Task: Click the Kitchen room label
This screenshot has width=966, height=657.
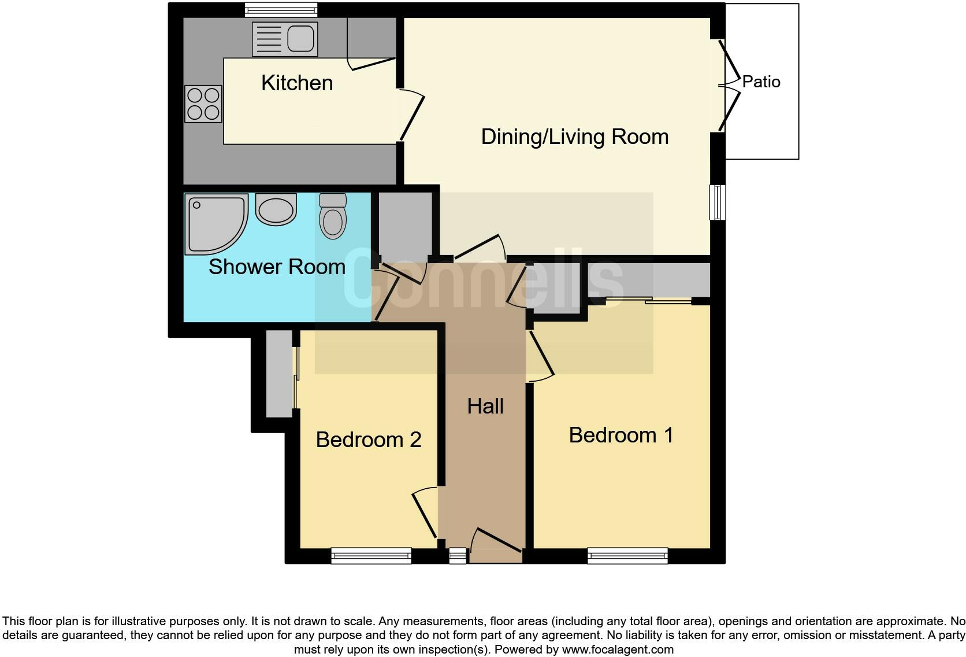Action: click(297, 83)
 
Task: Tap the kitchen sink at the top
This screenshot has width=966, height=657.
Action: click(285, 39)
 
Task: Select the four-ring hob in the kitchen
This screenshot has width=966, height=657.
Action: click(203, 104)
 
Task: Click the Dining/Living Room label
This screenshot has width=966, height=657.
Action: click(574, 137)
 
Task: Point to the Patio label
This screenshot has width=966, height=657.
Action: click(761, 82)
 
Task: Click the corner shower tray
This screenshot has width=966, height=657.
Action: click(212, 222)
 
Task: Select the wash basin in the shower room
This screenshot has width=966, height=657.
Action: click(276, 209)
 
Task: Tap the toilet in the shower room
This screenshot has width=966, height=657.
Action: click(333, 216)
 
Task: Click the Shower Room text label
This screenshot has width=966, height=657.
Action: click(277, 267)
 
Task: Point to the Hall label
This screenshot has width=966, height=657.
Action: click(485, 406)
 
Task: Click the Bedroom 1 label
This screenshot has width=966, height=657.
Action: click(621, 435)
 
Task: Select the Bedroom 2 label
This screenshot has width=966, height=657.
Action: click(369, 440)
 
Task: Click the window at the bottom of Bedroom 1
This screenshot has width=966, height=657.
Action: click(627, 556)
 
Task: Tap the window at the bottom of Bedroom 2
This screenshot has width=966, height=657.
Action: click(371, 556)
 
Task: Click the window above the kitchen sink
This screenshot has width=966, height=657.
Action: click(281, 9)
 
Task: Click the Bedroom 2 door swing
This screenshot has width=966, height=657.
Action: click(425, 511)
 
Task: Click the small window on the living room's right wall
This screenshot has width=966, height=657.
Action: click(717, 202)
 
